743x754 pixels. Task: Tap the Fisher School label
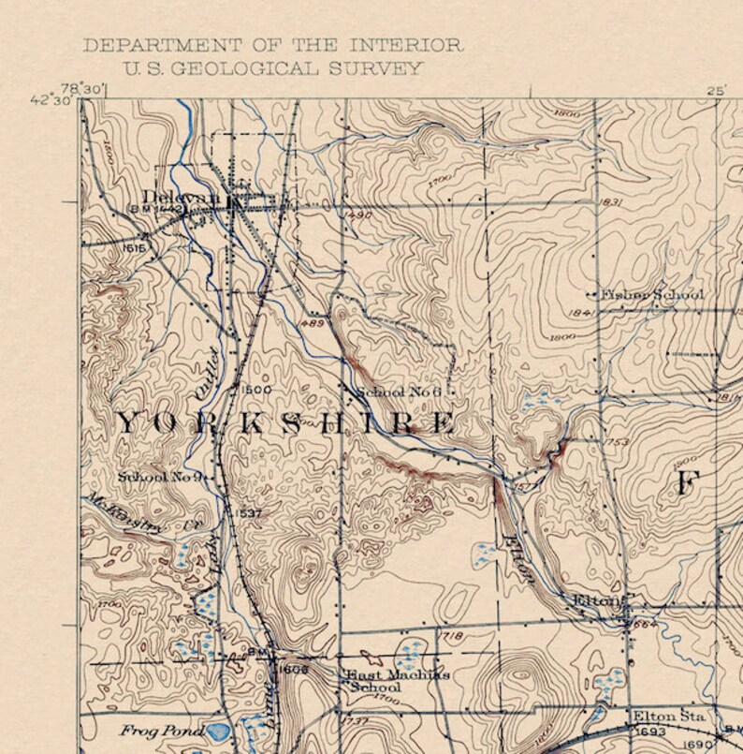pyautogui.click(x=653, y=295)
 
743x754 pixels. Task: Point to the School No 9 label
pyautogui.click(x=161, y=477)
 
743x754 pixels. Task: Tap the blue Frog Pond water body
pyautogui.click(x=219, y=731)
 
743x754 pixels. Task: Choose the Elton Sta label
pyautogui.click(x=668, y=716)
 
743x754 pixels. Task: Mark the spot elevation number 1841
pyautogui.click(x=581, y=314)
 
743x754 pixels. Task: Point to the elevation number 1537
pyautogui.click(x=250, y=513)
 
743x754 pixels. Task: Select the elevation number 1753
pyautogui.click(x=617, y=441)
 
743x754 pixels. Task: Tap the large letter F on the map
pyautogui.click(x=688, y=483)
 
